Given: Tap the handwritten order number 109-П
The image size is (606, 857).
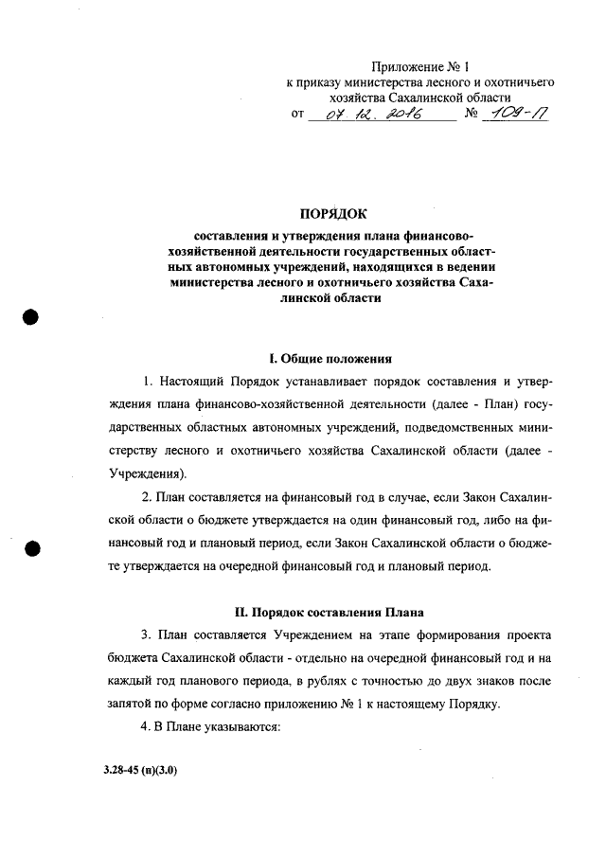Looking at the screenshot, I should pyautogui.click(x=514, y=115).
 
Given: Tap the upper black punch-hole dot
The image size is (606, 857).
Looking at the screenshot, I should pyautogui.click(x=32, y=317).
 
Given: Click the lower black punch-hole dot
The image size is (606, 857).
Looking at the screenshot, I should pyautogui.click(x=32, y=550).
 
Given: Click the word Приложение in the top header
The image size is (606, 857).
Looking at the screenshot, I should pyautogui.click(x=405, y=67).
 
